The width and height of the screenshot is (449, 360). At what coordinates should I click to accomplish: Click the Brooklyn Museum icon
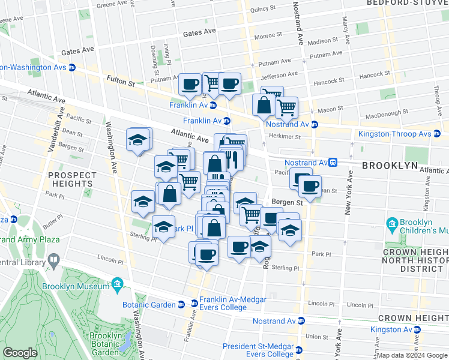[117, 283]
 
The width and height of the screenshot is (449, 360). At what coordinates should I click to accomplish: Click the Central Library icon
[53, 262]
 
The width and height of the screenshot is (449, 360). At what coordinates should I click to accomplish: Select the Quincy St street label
[267, 10]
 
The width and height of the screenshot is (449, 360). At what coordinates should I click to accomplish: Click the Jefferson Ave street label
[279, 76]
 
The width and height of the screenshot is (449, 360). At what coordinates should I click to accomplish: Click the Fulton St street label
[121, 79]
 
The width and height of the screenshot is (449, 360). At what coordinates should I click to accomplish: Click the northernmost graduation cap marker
[138, 140]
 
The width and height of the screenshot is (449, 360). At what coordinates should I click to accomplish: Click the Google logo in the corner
[20, 353]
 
